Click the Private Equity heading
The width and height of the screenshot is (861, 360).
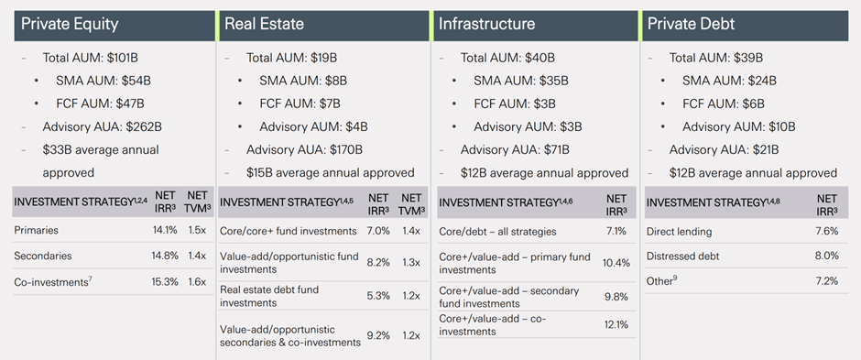click(x=70, y=25)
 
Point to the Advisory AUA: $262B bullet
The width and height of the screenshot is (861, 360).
click(x=102, y=126)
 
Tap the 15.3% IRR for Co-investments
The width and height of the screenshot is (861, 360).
click(x=165, y=281)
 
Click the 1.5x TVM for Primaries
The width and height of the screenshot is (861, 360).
click(x=197, y=230)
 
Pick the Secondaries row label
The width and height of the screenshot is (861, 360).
click(x=43, y=256)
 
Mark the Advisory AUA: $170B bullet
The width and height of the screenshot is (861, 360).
click(x=304, y=149)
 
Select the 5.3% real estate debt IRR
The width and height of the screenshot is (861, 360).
click(x=378, y=296)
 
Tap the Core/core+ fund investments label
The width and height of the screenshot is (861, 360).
click(x=288, y=230)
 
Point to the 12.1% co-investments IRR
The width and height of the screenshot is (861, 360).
click(x=616, y=324)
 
